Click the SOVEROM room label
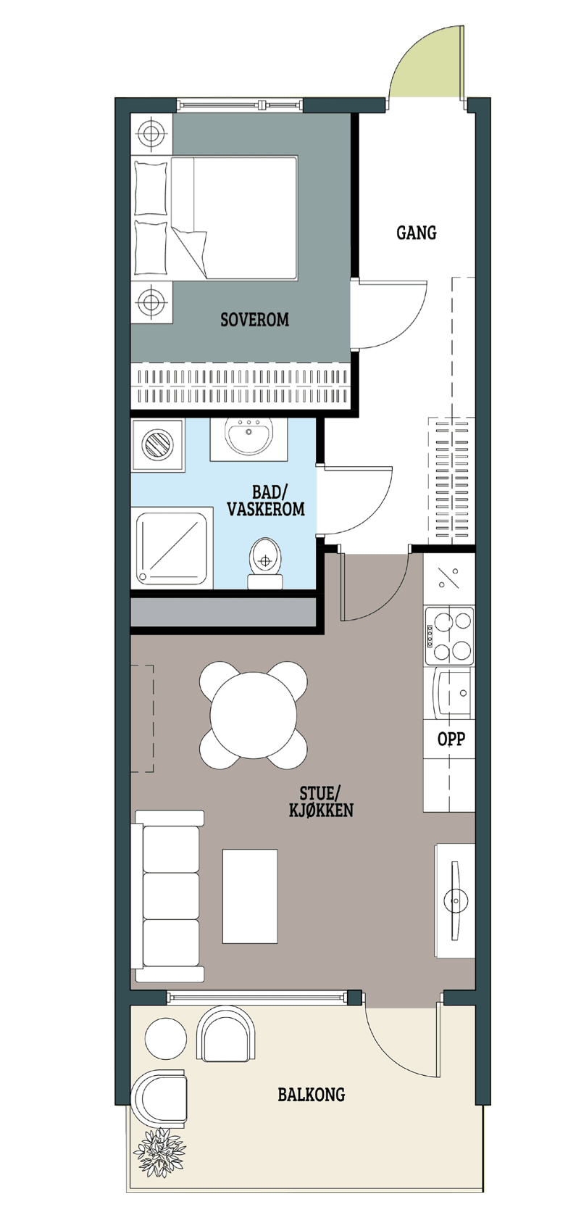point(254,319)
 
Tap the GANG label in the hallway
point(417,233)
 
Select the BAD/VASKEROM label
point(266,500)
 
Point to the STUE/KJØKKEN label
point(322,801)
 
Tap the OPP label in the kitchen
point(451,739)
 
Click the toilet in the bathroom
point(266,563)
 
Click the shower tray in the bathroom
point(172,546)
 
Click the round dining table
point(253,715)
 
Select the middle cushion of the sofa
point(171,896)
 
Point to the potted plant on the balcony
point(160,1152)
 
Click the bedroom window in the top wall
point(240,104)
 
